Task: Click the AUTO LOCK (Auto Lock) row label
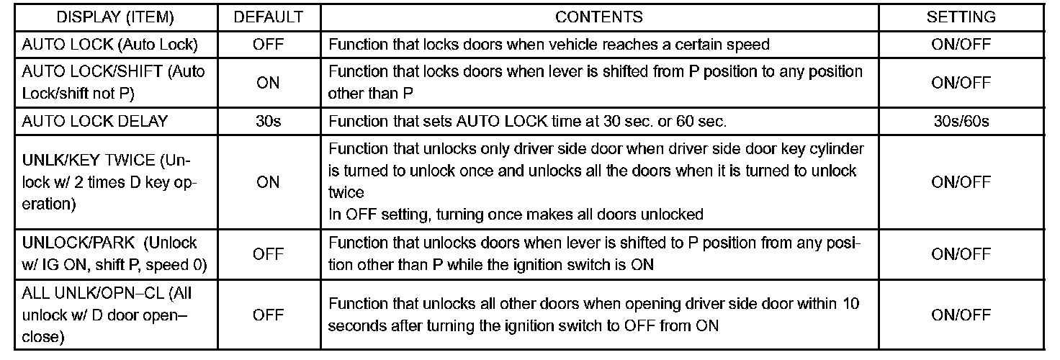(x=109, y=45)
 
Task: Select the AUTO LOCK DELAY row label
(x=95, y=121)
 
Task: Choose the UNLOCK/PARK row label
(x=114, y=253)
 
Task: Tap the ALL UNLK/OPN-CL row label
(x=107, y=315)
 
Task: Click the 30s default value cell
(x=268, y=121)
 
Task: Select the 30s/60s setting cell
(x=961, y=121)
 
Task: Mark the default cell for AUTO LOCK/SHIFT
(x=268, y=83)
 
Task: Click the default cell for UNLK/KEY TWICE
(x=268, y=182)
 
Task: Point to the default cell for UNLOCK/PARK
(x=268, y=253)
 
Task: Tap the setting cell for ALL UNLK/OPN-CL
(x=961, y=315)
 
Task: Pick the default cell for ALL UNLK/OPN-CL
(x=268, y=315)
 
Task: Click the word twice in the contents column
(x=346, y=193)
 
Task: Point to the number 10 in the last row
(x=850, y=305)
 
